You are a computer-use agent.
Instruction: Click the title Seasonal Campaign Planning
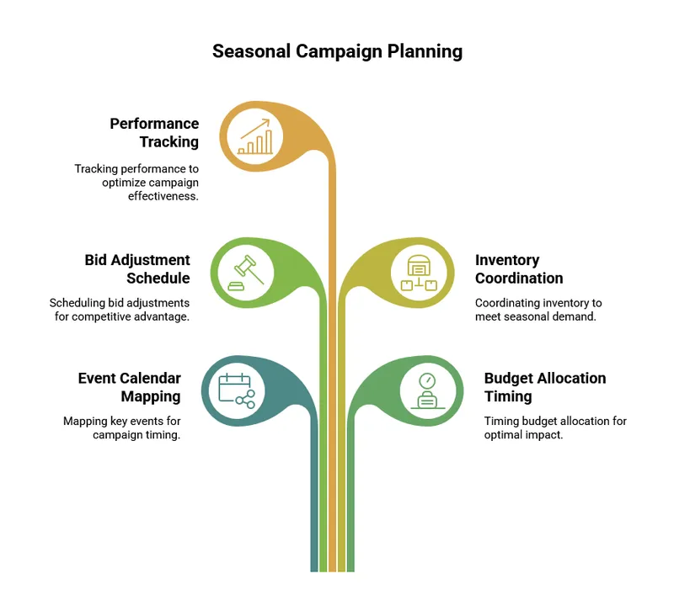coord(337,51)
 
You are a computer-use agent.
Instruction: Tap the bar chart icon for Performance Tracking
coord(255,135)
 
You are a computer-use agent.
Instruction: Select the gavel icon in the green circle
coord(244,271)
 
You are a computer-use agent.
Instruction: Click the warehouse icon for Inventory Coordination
coord(420,272)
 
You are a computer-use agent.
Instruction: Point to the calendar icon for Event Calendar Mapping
coord(237,390)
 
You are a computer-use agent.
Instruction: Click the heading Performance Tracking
coord(155,133)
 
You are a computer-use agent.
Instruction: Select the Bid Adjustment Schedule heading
coord(137,268)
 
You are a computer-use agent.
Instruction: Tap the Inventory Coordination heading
coord(519,268)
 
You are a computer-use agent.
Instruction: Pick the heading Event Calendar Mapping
coord(130,387)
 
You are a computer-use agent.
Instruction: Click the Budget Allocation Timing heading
coord(545,387)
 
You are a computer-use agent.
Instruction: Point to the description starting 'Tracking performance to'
coord(136,182)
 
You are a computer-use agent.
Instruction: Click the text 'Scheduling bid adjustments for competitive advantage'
coord(120,309)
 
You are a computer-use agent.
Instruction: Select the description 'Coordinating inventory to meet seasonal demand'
coord(538,309)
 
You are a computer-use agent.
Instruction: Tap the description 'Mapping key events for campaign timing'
coord(122,427)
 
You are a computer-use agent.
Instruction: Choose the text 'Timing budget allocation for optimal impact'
coord(555,427)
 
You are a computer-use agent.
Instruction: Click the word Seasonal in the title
coord(251,51)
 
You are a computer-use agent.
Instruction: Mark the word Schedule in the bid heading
coord(158,278)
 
